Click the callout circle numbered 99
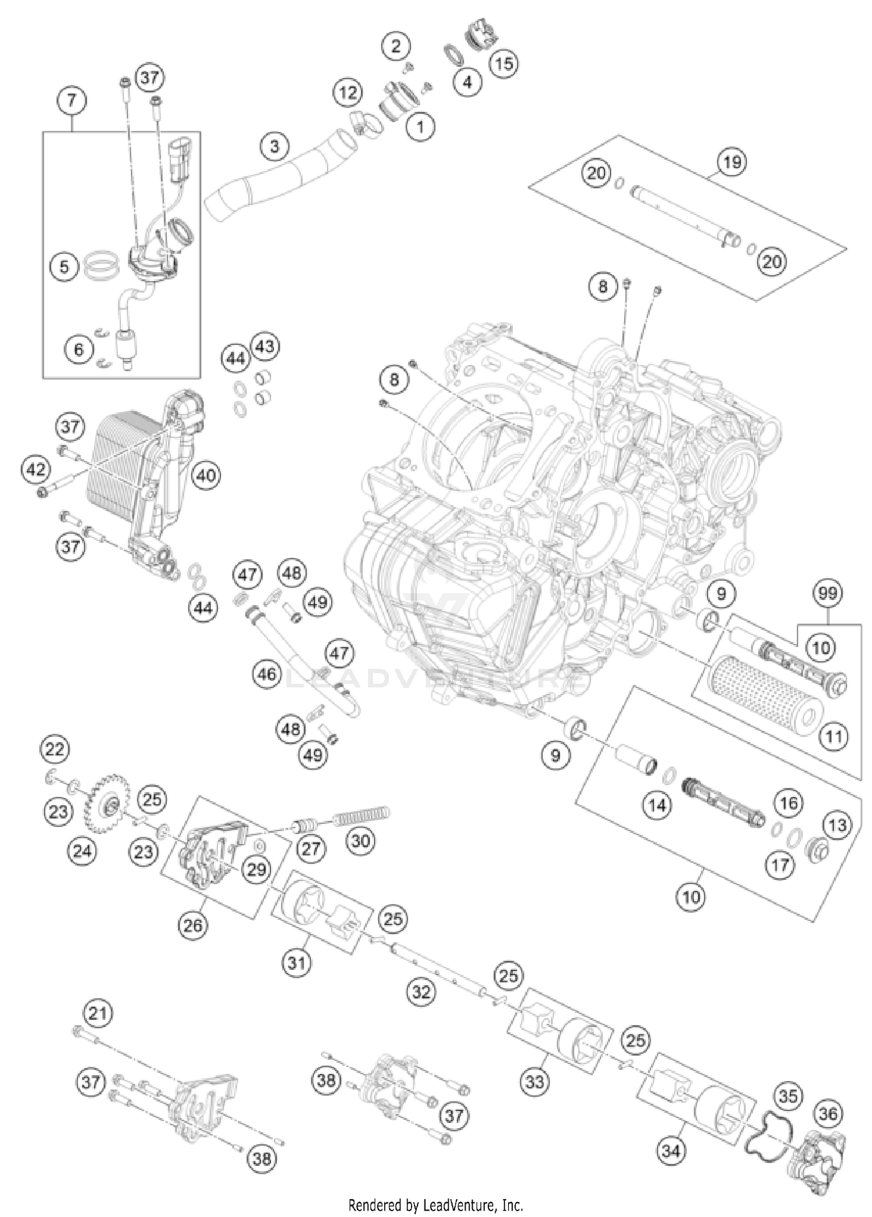pos(828,594)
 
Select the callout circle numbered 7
pos(72,101)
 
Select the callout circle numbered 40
pos(206,476)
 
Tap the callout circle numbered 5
pos(64,267)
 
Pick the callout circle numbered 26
pos(193,924)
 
